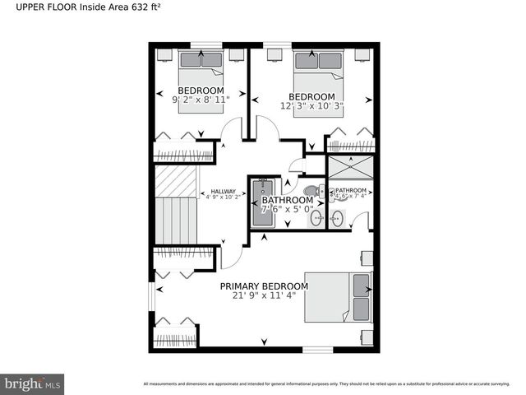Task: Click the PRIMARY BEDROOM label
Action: point(263,286)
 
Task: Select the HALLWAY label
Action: point(222,191)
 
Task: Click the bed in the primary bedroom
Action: point(338,298)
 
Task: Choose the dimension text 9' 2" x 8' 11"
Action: point(201,100)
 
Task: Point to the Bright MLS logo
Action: point(33,383)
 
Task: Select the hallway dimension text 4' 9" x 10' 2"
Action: point(222,197)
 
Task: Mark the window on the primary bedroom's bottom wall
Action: point(317,350)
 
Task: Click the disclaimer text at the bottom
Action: point(329,384)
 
